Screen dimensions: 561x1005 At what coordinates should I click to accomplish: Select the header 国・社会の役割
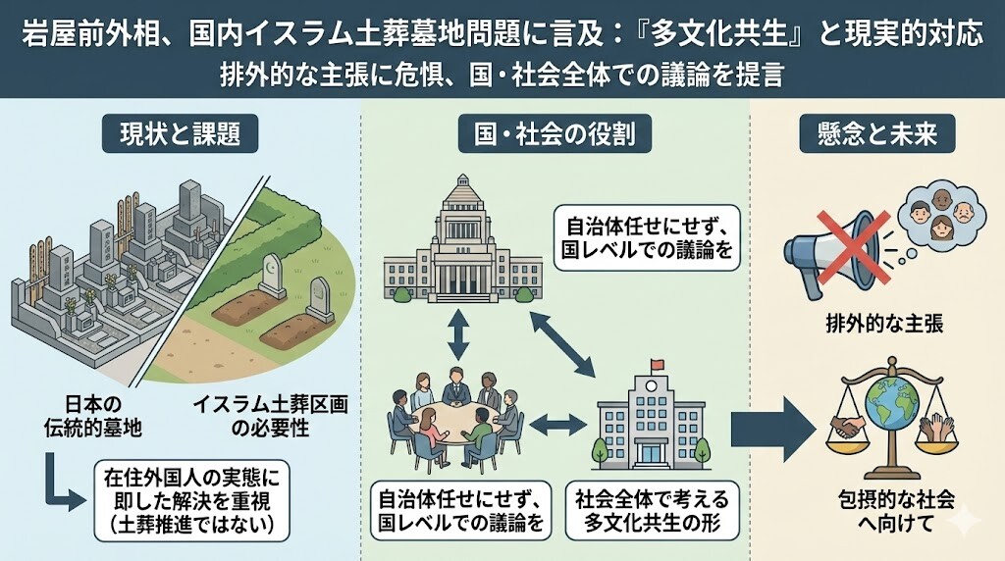[x=555, y=134]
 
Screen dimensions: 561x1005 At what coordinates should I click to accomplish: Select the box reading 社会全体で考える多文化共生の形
[x=653, y=508]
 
